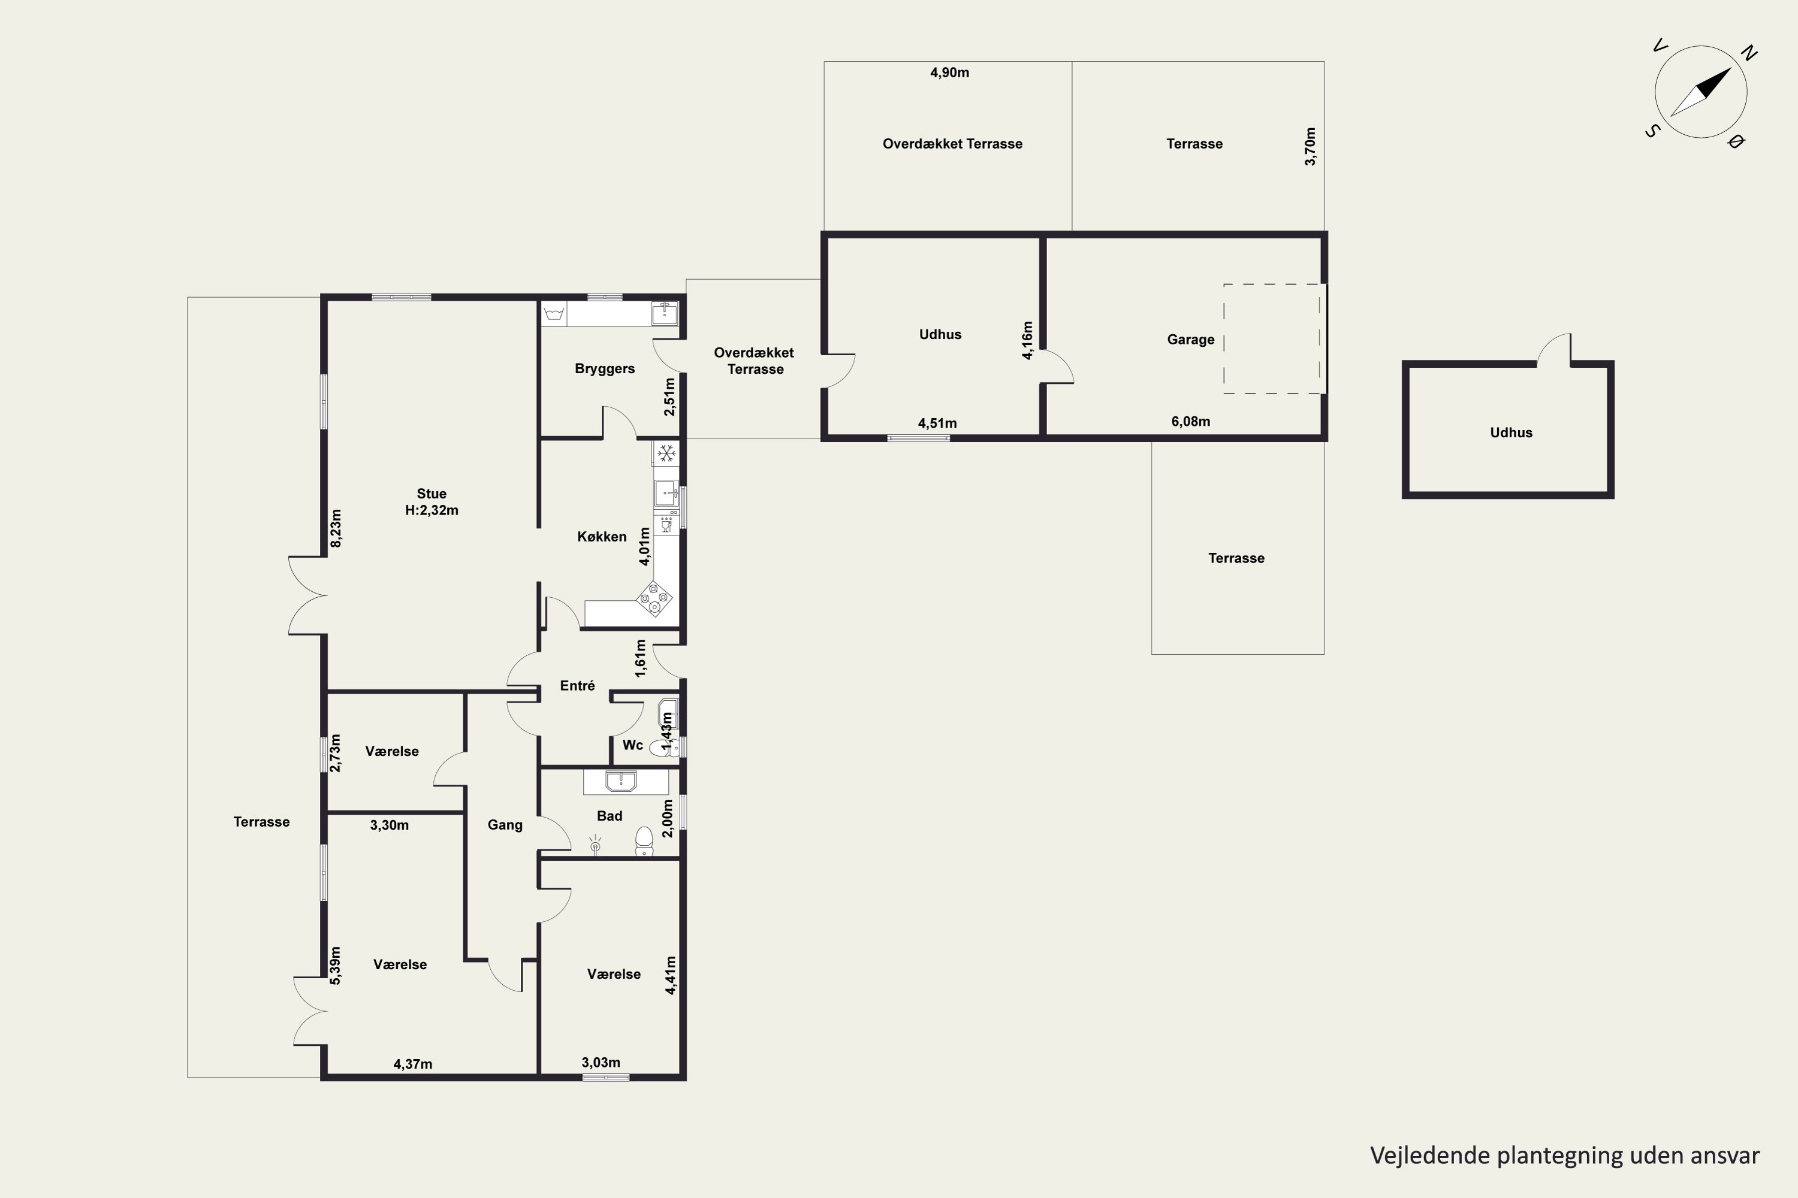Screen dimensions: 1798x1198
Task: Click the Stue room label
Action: click(x=431, y=494)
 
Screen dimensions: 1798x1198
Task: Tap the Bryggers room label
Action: click(x=605, y=368)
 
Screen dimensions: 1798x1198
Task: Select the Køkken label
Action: click(x=602, y=536)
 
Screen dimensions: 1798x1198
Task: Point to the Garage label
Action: click(x=1190, y=339)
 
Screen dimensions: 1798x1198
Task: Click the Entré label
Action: click(x=577, y=685)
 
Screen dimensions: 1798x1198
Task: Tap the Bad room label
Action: click(x=610, y=816)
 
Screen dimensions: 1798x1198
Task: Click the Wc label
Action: click(x=632, y=745)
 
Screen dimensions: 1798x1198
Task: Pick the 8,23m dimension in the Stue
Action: click(x=336, y=528)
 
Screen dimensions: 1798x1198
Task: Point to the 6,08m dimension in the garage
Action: click(x=1190, y=421)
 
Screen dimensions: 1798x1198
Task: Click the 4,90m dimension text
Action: click(x=949, y=72)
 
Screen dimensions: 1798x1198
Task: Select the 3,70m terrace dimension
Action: click(x=1310, y=147)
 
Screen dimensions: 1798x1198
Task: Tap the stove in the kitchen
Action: click(x=655, y=598)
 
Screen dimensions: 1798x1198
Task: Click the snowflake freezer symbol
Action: click(x=666, y=453)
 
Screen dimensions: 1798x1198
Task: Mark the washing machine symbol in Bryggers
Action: click(x=554, y=313)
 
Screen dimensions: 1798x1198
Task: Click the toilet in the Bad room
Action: click(x=644, y=841)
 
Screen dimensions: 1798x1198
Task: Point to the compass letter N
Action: click(x=1748, y=53)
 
